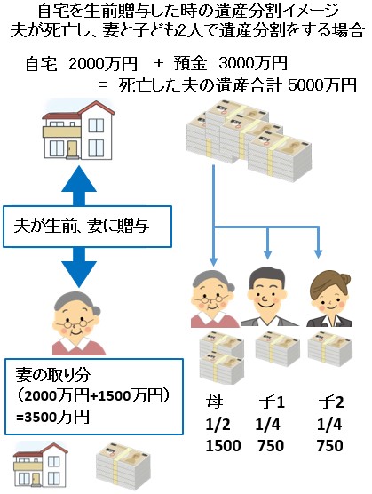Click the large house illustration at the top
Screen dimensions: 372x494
tap(78, 129)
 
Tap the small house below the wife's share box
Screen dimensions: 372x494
tap(41, 464)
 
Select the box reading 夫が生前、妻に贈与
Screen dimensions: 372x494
tap(87, 227)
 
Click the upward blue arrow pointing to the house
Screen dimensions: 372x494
tap(79, 186)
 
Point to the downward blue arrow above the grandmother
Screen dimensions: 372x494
tap(79, 267)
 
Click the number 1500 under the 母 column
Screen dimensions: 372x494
tap(223, 446)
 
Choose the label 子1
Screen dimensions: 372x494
tap(272, 402)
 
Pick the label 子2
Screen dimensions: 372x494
tap(330, 402)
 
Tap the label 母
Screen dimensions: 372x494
tap(215, 402)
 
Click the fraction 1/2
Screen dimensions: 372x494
tap(218, 425)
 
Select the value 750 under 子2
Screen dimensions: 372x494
tap(329, 446)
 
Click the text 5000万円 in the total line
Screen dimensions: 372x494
tap(322, 84)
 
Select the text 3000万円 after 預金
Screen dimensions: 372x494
tap(253, 63)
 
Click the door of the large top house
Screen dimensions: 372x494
tap(73, 148)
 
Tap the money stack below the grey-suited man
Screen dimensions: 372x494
tap(278, 349)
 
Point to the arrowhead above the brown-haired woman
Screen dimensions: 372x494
tap(318, 253)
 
